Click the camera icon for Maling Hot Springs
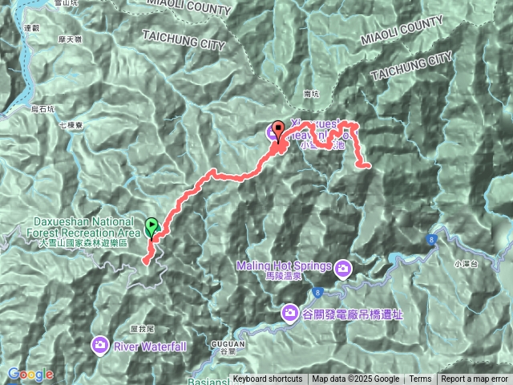(343, 266)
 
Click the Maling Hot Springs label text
(284, 266)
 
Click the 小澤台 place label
(465, 264)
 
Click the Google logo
(30, 375)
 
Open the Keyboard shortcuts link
(267, 379)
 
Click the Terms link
(420, 379)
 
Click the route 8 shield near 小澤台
(432, 240)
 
